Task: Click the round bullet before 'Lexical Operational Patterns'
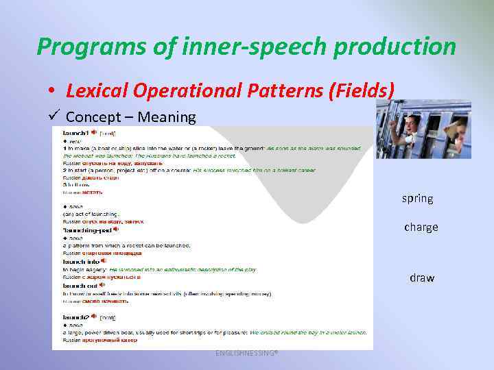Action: point(52,90)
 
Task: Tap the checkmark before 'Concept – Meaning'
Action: point(55,114)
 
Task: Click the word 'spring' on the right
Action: point(417,198)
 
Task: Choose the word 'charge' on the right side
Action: point(421,227)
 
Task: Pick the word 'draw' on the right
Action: point(422,277)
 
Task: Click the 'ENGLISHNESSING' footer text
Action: point(246,352)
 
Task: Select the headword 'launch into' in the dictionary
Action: point(81,261)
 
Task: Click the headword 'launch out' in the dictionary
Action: point(80,285)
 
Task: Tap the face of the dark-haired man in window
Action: point(412,125)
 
